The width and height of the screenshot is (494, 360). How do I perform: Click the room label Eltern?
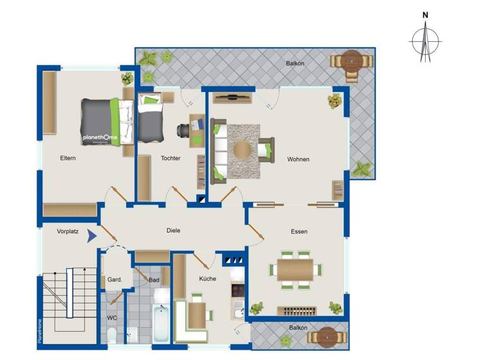click(68, 158)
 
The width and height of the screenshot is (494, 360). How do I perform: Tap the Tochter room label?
click(170, 158)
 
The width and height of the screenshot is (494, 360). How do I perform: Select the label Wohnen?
click(298, 159)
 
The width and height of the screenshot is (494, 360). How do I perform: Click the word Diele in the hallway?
click(173, 230)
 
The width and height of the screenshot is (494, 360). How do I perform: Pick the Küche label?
click(207, 278)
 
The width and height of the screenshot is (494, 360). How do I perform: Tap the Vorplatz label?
click(68, 231)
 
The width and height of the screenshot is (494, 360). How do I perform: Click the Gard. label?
click(115, 280)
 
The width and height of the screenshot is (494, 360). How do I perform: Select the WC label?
click(111, 318)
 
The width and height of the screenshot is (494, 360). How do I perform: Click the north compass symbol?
click(425, 40)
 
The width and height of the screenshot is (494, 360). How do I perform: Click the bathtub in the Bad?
click(161, 323)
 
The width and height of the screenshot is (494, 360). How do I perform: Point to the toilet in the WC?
click(112, 336)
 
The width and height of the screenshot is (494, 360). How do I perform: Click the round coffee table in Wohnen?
click(243, 150)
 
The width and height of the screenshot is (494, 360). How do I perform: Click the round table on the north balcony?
click(351, 61)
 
